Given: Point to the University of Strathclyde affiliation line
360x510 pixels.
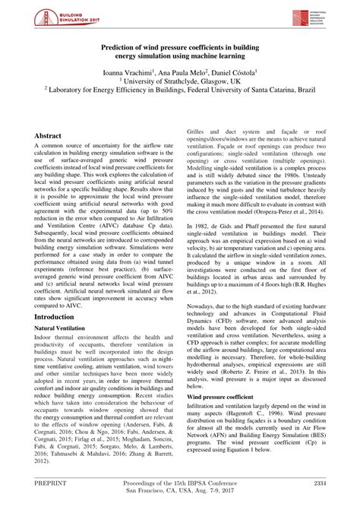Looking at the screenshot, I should tap(180, 84).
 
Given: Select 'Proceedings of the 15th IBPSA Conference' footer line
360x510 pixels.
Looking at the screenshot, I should tap(179, 482).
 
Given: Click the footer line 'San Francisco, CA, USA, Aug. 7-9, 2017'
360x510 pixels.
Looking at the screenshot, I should tap(179, 492).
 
